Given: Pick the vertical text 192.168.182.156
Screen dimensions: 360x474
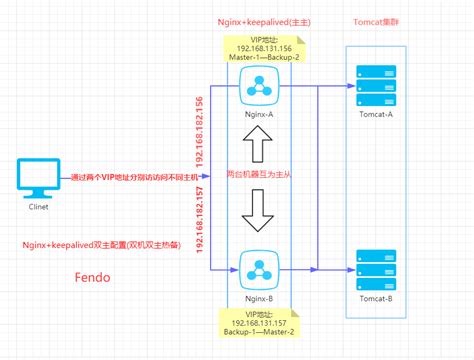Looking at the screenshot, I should pos(202,130).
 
